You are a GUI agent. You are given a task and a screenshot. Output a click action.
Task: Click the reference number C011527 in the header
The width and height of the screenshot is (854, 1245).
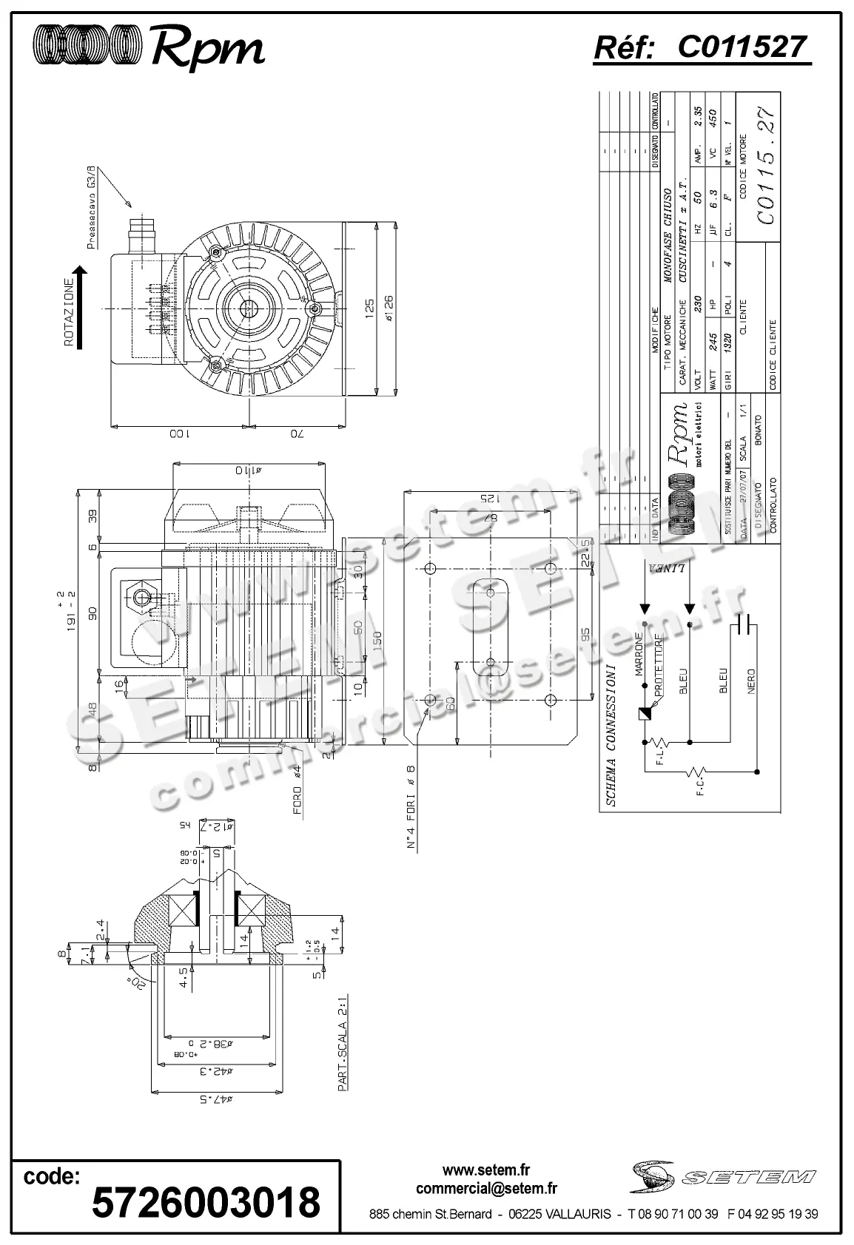tap(741, 47)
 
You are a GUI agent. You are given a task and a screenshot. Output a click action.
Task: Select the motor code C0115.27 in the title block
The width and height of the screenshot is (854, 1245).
tap(767, 166)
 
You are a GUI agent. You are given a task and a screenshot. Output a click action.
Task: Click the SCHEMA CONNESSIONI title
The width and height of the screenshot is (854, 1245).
tap(611, 735)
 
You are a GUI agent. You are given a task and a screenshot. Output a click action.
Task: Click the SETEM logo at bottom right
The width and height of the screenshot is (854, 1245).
tap(722, 1176)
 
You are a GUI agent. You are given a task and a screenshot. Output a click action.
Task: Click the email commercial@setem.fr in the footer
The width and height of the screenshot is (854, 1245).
tap(486, 1189)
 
